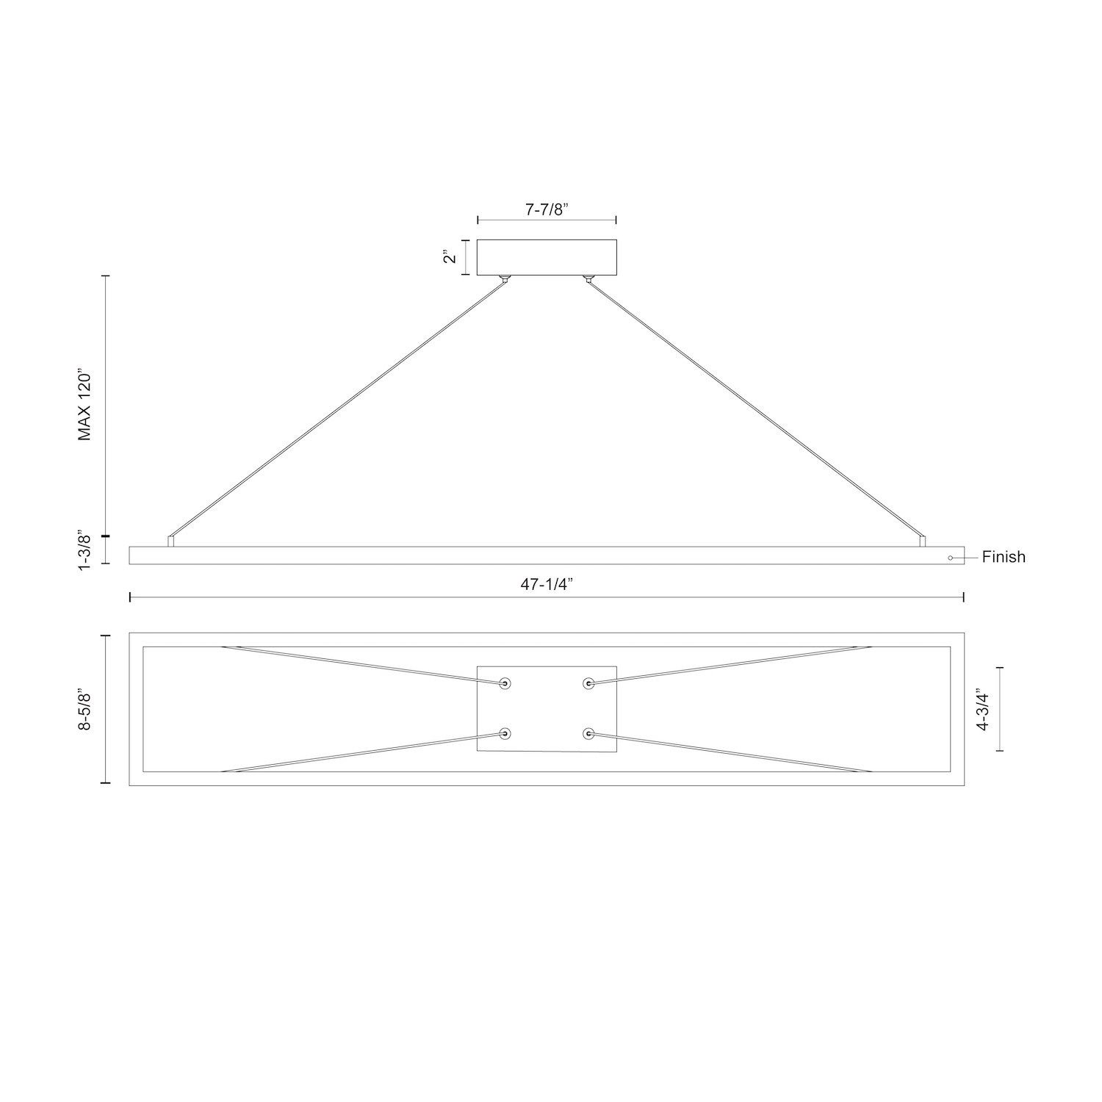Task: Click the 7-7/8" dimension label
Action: click(547, 209)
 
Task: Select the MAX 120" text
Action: click(87, 406)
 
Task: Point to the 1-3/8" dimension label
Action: click(86, 550)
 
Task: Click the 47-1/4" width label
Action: click(547, 584)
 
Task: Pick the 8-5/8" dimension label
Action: click(86, 709)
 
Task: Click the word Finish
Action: click(1003, 558)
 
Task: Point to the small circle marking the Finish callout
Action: click(950, 558)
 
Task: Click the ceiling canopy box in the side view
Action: click(547, 257)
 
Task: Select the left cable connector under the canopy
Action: click(505, 279)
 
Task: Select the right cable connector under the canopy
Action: click(588, 279)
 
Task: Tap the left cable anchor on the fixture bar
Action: click(171, 541)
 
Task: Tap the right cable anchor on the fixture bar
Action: click(923, 541)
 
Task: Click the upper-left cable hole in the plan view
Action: click(505, 684)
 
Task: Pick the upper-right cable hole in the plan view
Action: click(588, 684)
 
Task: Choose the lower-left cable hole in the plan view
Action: click(505, 733)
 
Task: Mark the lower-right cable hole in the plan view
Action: click(588, 733)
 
